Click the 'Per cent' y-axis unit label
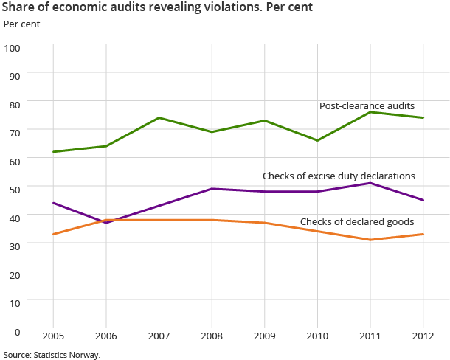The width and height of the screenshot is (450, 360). (22, 24)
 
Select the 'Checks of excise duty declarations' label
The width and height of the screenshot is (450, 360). (339, 176)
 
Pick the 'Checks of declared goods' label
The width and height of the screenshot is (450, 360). (357, 221)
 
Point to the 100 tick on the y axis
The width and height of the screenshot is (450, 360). (13, 46)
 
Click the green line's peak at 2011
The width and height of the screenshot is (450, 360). (370, 112)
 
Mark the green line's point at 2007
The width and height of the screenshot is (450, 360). (159, 118)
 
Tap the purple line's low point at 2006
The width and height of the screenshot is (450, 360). (106, 222)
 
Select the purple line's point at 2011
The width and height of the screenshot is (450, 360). (370, 183)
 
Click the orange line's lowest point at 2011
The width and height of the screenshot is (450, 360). (370, 240)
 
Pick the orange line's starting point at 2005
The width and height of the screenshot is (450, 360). (53, 234)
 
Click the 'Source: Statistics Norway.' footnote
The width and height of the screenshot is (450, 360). (52, 354)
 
